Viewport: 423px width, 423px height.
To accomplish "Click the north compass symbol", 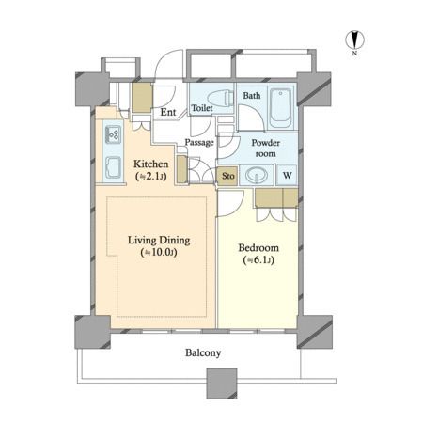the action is [x=355, y=39].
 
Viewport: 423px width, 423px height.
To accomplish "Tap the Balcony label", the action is [x=203, y=352].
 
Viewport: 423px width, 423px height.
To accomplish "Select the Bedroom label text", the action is [x=258, y=247].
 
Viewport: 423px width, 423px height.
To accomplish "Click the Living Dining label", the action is [x=159, y=241].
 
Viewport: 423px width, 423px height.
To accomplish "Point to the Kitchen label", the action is [x=150, y=164].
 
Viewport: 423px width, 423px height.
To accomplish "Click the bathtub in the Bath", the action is [x=281, y=107].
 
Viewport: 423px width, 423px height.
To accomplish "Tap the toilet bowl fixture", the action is [x=221, y=98].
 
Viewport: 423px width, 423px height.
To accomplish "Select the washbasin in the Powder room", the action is [x=257, y=175].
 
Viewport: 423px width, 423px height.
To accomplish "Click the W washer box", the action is [x=287, y=175].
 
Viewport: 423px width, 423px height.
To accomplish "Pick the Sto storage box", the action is [x=227, y=176].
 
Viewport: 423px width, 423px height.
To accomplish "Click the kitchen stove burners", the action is [x=113, y=134].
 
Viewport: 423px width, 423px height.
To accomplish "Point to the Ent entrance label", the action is [x=168, y=112].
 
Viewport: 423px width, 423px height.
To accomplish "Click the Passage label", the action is [x=199, y=142].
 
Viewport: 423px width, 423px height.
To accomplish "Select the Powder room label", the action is [x=266, y=148].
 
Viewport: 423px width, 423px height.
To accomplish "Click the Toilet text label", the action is [x=202, y=108].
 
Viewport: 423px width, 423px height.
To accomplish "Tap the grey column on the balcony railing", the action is [x=222, y=384].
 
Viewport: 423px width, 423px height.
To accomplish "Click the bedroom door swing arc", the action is [x=236, y=209].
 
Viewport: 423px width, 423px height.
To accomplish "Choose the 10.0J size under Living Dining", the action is [x=159, y=253].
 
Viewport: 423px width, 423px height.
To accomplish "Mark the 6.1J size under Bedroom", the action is [x=258, y=260].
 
